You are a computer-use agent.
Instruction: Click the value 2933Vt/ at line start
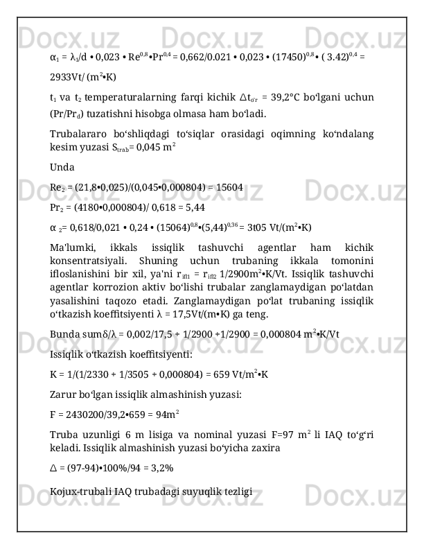(69, 78)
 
